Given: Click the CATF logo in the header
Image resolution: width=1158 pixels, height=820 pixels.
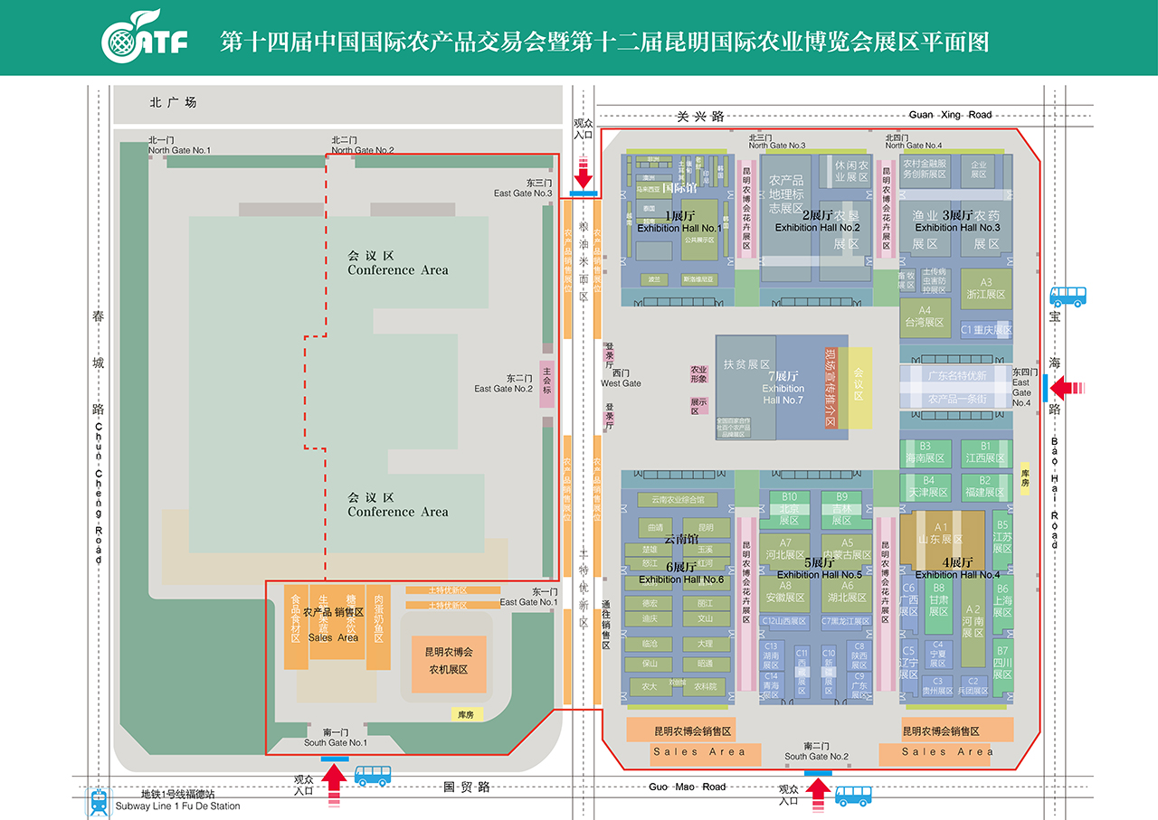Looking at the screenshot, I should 145,37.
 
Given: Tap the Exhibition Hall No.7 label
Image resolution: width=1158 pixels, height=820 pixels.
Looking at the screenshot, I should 783,388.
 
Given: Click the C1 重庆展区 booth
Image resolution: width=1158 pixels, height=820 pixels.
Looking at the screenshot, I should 986,331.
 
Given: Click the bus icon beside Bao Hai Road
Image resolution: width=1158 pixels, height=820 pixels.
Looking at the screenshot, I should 1067,297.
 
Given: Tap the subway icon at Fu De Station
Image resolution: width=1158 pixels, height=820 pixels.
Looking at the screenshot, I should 98,800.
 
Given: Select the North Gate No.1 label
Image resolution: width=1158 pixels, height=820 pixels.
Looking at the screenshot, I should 179,146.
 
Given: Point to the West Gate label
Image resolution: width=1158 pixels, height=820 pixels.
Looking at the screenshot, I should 621,378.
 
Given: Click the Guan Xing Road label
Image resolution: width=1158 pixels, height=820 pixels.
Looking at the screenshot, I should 950,115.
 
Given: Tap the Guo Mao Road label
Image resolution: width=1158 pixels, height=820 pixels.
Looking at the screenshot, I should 687,787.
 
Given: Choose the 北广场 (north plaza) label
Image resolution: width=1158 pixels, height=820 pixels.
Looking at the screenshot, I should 173,103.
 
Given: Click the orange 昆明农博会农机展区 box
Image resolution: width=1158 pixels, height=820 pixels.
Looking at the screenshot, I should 449,661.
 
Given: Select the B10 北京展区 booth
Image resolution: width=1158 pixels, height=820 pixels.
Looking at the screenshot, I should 789,509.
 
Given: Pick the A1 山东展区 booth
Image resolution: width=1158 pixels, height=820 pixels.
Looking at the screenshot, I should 941,533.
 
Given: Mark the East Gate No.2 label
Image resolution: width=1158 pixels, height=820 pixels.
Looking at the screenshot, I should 504,383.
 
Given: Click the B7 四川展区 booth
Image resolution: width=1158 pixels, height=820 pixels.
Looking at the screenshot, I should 1001,663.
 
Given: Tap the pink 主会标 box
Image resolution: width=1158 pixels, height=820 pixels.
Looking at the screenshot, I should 546,384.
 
